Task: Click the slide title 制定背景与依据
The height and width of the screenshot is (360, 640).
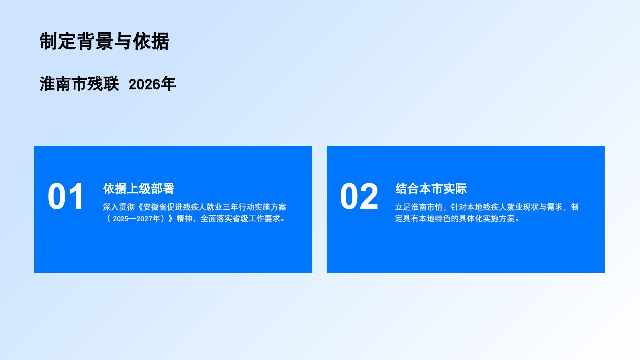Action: click(104, 41)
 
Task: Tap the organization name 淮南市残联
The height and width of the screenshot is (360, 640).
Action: click(79, 84)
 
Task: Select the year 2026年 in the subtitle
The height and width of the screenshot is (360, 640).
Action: click(152, 84)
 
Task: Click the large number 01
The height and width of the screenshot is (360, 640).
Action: click(65, 196)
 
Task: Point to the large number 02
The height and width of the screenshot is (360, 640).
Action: click(359, 196)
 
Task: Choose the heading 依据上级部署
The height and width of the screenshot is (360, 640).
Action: click(139, 189)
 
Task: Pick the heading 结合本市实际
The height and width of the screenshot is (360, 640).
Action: click(431, 189)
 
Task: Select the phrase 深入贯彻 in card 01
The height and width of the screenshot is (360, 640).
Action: click(119, 207)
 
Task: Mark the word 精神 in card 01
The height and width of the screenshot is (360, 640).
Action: click(184, 219)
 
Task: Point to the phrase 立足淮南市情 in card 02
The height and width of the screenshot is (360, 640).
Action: click(419, 207)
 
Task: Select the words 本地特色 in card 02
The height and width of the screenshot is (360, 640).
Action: click(435, 219)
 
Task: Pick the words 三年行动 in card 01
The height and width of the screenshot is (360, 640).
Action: click(239, 207)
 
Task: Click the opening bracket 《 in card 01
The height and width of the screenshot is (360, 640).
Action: click(139, 207)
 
